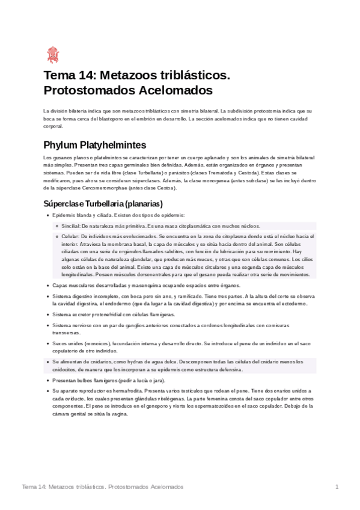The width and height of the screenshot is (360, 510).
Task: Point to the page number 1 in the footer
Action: click(x=337, y=486)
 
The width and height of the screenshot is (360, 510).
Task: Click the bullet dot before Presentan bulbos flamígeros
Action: click(x=47, y=381)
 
